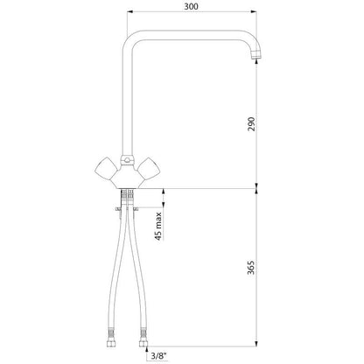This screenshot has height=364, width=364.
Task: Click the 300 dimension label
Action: coord(191,6)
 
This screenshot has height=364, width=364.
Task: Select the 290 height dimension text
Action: coord(251,124)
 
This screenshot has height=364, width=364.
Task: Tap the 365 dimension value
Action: coord(251,268)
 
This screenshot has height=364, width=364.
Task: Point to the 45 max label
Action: coord(158,226)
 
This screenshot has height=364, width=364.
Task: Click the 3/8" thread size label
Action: coord(158,355)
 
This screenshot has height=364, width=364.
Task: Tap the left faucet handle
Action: coord(106,168)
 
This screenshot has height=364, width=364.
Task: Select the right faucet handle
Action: coord(149,168)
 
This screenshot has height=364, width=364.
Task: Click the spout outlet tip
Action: coord(255,55)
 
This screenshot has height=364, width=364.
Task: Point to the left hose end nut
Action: coord(111,343)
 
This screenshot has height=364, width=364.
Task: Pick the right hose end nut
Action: coord(143,343)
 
